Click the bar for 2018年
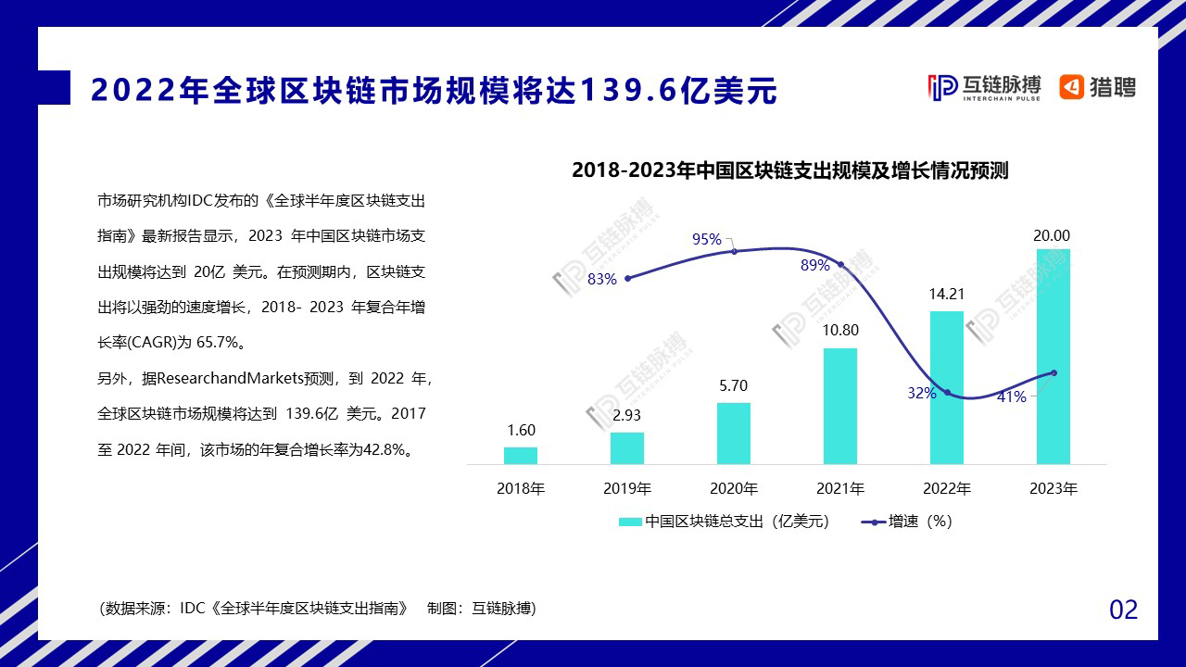coord(521,455)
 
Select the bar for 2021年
coord(839,406)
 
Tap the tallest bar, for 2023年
coord(1053,357)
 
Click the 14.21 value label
coord(947,295)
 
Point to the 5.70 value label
coord(733,386)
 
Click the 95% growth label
coord(707,239)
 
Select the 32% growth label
coord(921,393)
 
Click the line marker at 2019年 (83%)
coord(627,278)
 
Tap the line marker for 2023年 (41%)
coord(1054,373)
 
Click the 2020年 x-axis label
coord(734,488)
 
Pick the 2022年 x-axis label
coord(947,488)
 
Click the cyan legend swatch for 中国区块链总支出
coord(630,522)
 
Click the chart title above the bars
coord(789,170)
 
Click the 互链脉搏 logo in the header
coord(983,87)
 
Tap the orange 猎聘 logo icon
coord(1072,87)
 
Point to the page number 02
coord(1123,610)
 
